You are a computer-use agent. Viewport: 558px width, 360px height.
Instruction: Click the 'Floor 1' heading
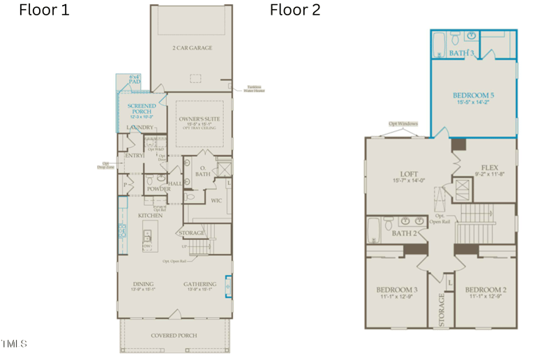pos(44,10)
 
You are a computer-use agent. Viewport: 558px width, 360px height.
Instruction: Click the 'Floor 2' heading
pos(295,10)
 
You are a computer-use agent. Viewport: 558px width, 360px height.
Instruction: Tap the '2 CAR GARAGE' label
pos(192,48)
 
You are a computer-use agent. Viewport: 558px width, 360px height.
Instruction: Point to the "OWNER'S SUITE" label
pos(202,119)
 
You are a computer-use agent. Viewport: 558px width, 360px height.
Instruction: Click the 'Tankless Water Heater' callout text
pos(253,89)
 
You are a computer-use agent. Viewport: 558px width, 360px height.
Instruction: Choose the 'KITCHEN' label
pos(150,216)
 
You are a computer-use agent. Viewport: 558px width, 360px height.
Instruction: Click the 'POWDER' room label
pos(159,189)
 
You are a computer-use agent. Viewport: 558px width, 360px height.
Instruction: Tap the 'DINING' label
pos(144,284)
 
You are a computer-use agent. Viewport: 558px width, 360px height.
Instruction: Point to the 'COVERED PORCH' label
pos(174,336)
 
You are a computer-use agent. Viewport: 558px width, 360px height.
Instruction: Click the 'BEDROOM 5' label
pos(474,96)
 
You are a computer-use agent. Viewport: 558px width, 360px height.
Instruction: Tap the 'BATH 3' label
pos(462,53)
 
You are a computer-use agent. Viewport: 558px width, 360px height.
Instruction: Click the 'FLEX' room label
pos(489,167)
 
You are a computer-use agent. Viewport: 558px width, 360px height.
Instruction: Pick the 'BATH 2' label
pos(404,233)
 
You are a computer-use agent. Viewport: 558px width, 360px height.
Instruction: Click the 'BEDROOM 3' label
pos(397,290)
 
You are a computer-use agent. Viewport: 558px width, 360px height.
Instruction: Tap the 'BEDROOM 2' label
pos(485,290)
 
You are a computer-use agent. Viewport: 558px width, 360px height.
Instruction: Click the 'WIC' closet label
pos(216,200)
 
